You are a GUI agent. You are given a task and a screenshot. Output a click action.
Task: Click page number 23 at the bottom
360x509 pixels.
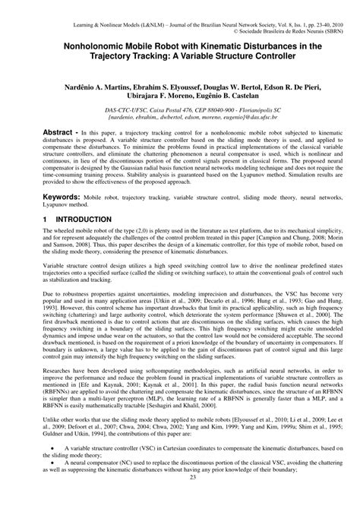pos(179,498)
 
